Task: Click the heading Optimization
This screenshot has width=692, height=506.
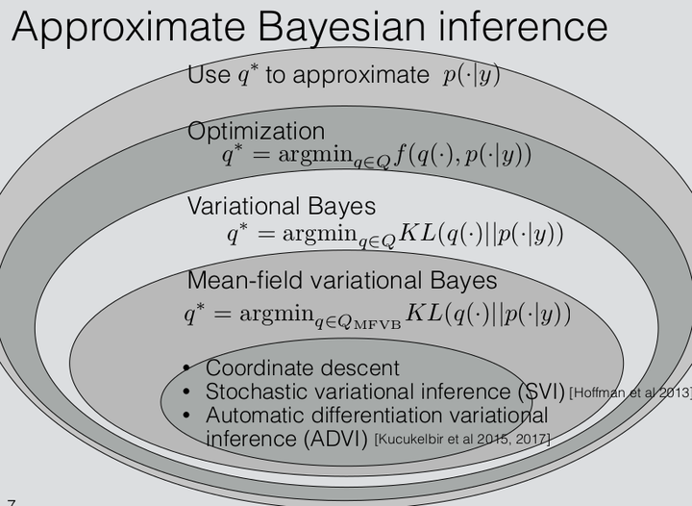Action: [256, 132]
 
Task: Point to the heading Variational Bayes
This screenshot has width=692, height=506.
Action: [282, 207]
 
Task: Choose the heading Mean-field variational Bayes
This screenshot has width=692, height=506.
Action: [342, 281]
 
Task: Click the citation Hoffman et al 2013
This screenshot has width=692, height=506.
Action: [630, 392]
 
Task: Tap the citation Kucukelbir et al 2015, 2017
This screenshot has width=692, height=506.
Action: [461, 440]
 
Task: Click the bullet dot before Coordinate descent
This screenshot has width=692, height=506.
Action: [189, 368]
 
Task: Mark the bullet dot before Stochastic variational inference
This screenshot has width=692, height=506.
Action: [189, 392]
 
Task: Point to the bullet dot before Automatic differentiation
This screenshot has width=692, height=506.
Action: [189, 416]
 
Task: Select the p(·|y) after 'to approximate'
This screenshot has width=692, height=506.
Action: [472, 76]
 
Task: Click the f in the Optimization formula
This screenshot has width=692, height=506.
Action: [399, 156]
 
